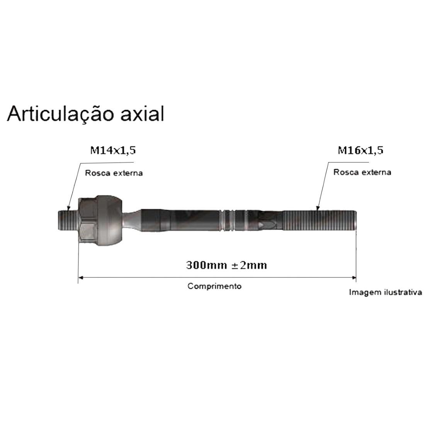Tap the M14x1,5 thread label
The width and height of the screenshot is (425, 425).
coord(113,150)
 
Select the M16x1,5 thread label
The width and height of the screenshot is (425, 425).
coord(360,150)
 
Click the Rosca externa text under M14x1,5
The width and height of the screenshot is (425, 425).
coord(114,173)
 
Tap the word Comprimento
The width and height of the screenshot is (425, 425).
coord(214,286)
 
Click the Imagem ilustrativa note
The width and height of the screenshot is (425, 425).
coord(385,292)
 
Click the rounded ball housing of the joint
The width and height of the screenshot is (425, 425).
coord(110,220)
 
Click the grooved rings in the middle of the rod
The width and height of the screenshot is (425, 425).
coord(228,221)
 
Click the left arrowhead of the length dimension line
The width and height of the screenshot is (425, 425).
coord(81,277)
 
